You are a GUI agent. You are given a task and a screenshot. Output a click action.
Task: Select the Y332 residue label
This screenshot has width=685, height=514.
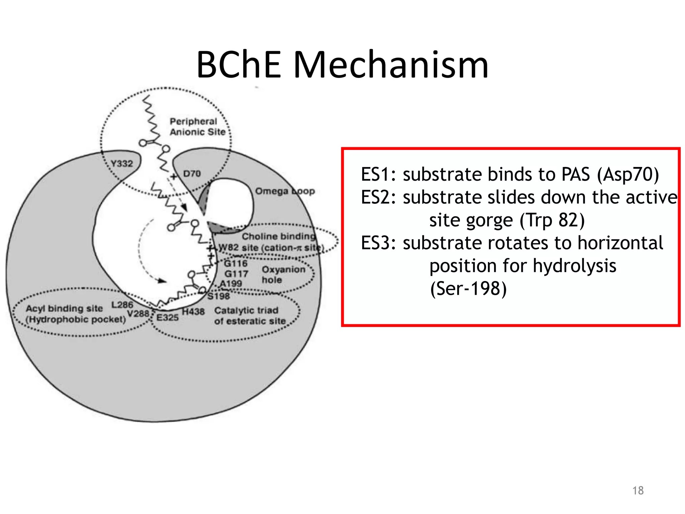122,164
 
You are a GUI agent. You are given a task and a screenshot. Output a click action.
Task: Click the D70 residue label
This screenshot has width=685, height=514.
192,174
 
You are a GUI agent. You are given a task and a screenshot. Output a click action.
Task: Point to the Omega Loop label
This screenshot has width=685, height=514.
285,191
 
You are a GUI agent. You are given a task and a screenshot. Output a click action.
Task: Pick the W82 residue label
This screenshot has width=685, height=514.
228,248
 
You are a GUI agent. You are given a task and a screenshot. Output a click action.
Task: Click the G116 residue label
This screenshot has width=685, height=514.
235,264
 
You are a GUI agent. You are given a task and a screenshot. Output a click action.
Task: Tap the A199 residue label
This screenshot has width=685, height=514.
231,284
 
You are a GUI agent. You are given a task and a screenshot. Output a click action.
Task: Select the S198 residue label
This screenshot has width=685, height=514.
219,296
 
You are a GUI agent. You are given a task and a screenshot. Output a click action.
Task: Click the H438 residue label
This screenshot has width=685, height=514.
193,312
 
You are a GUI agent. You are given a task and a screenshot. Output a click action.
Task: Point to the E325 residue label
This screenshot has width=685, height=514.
168,317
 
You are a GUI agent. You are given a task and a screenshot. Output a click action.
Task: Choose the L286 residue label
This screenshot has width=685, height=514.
122,305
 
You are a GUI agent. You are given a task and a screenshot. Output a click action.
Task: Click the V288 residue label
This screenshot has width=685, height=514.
138,314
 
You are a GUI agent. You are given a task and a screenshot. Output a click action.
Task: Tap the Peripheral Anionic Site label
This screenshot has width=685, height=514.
197,127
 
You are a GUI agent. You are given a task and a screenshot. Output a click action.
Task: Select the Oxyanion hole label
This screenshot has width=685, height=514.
283,274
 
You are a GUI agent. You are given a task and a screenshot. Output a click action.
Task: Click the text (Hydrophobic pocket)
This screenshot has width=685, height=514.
76,319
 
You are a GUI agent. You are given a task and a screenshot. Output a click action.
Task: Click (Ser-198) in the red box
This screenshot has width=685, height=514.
468,288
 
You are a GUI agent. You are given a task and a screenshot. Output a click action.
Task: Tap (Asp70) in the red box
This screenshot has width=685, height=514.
628,175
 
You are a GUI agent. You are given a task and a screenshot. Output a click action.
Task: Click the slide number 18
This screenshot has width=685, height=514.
638,491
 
